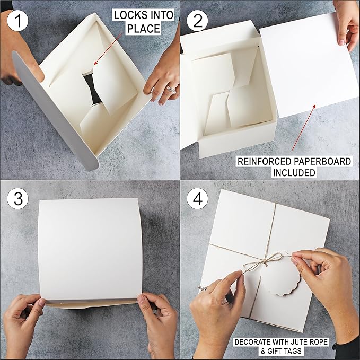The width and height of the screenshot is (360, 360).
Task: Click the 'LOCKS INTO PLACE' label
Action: pos(143,22)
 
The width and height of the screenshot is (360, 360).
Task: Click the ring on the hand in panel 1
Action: pos(171,89)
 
